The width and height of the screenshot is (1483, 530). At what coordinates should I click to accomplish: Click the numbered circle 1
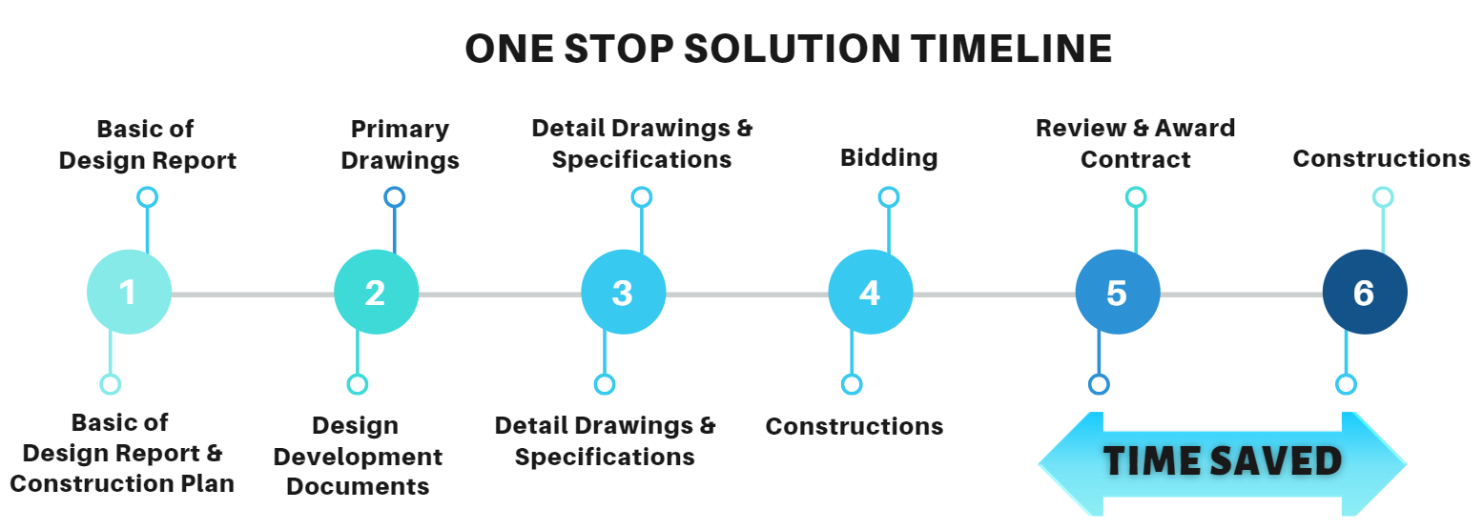click(129, 292)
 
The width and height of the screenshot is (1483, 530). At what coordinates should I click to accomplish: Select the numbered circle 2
click(376, 292)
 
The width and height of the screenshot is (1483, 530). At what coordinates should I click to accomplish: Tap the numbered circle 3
click(623, 292)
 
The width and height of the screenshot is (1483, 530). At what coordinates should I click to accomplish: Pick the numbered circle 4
click(871, 292)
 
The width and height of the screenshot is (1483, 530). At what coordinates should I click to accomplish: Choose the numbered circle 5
click(1118, 292)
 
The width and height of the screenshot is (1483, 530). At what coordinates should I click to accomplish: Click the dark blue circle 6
click(1365, 292)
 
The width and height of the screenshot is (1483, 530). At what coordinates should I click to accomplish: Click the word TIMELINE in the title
click(1011, 49)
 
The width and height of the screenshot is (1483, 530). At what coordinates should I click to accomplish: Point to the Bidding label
click(889, 158)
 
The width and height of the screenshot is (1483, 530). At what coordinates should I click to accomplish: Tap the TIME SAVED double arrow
click(1222, 463)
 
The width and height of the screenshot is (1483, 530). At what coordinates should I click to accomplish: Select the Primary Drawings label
click(400, 144)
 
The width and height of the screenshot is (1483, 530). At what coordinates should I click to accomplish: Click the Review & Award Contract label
click(1136, 144)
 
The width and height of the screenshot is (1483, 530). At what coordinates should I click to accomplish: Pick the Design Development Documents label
click(358, 456)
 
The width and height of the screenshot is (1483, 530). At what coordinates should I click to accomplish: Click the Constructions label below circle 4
click(855, 427)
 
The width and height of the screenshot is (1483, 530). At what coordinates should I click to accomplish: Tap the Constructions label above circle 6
click(1381, 159)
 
